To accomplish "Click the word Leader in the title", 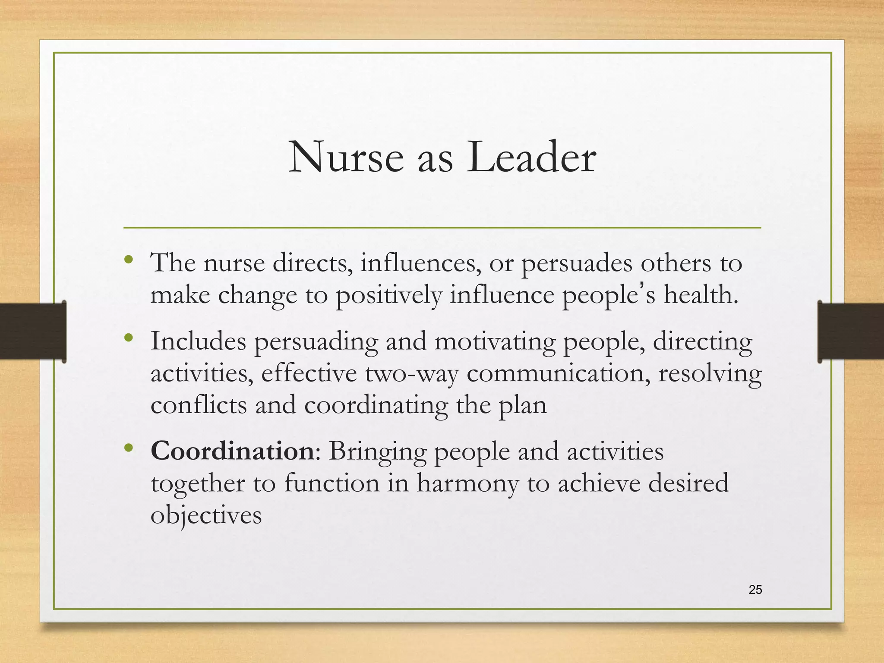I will coord(531,158).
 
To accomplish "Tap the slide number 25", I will coord(755,590).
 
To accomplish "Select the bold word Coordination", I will coord(232,451).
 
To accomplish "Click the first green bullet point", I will coord(128,260).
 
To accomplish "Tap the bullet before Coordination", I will coord(128,448).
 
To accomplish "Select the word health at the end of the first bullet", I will coord(699,296).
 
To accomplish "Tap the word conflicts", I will coord(199,405).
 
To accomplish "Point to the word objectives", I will coord(206,515).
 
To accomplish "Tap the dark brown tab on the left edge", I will coord(33,331).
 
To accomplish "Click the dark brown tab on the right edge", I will coord(851,331).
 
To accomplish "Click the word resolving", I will coord(710,374).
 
